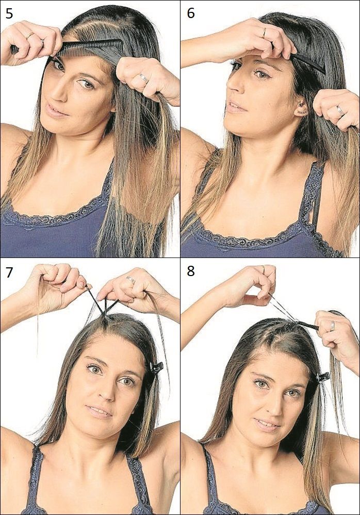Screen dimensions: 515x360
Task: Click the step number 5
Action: [9, 13]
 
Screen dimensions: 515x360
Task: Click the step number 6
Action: [190, 13]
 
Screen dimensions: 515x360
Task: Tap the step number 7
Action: [9, 271]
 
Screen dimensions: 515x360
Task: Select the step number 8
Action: [190, 271]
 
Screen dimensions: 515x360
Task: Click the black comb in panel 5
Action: [88, 47]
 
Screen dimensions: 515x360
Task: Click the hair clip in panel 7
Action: [156, 367]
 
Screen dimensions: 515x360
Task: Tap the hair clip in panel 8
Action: [323, 377]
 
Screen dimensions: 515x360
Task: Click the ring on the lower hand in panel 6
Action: [340, 109]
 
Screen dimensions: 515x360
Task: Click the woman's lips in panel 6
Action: [235, 107]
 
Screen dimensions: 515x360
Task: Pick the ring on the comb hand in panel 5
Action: [29, 36]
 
